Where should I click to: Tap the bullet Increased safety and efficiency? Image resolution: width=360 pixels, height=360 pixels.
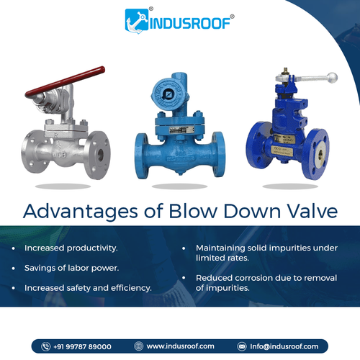88,288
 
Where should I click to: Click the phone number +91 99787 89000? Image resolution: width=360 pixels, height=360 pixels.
82,346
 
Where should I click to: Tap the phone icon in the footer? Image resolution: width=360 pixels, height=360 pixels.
45,346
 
